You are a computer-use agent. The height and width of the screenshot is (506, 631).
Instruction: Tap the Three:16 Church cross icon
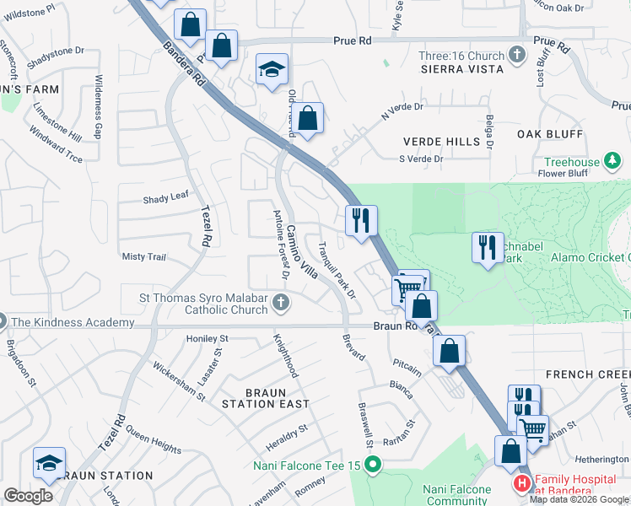click(518, 57)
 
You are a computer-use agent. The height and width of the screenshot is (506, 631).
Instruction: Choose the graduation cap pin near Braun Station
click(49, 463)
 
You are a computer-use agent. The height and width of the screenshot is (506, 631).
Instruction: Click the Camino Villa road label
click(300, 254)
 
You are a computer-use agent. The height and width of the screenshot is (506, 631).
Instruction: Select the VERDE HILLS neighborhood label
click(440, 141)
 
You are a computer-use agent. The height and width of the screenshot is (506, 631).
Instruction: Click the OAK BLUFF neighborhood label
click(550, 134)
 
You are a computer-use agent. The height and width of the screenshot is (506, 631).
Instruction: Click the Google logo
click(28, 496)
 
